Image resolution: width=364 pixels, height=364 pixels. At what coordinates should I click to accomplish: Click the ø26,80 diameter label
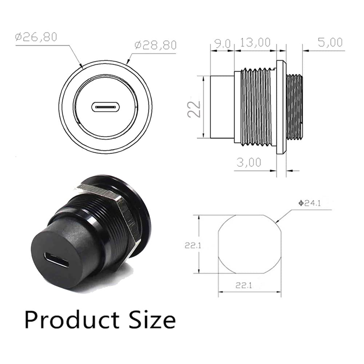tap(36, 37)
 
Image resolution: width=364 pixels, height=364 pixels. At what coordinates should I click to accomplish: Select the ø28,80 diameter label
tap(156, 45)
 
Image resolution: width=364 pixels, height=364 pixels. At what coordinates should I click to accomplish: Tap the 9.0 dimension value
tap(223, 44)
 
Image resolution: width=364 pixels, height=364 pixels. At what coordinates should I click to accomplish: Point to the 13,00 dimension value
tap(255, 43)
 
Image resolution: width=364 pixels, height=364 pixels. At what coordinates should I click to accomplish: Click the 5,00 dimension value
tap(330, 43)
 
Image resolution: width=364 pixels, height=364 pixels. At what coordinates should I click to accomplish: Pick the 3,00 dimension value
tap(249, 162)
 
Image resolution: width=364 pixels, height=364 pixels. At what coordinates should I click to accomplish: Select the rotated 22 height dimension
tap(194, 109)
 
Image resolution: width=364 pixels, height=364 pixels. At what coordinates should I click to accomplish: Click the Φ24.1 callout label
tap(309, 203)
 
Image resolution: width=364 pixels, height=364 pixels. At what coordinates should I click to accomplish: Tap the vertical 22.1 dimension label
tap(193, 245)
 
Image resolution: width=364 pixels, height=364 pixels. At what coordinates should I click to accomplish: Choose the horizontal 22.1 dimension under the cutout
tap(244, 285)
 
